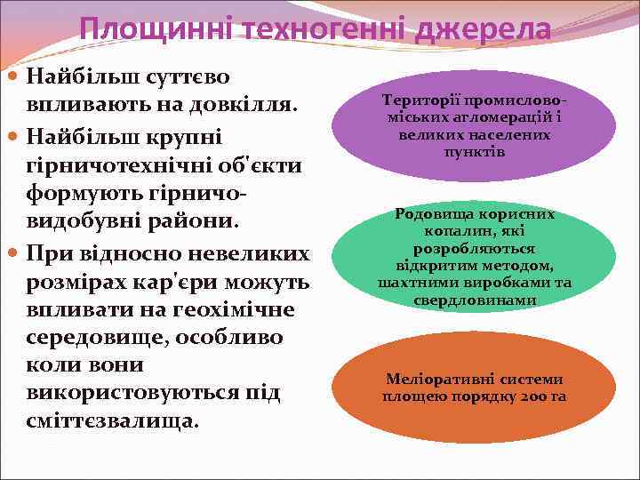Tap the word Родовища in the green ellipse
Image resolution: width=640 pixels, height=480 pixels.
pyautogui.click(x=431, y=213)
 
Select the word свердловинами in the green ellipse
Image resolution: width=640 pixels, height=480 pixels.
pyautogui.click(x=475, y=300)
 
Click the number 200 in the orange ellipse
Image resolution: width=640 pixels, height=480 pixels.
pyautogui.click(x=532, y=396)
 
